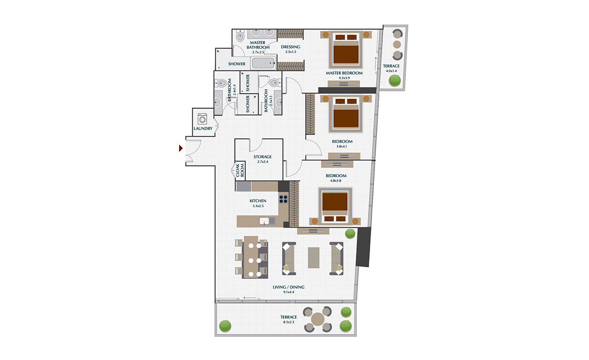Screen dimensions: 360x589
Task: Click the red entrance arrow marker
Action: click(x=181, y=148)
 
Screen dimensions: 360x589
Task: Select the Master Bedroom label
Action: click(x=344, y=73)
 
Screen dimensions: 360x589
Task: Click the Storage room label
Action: click(x=263, y=157)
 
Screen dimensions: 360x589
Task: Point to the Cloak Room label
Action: click(x=240, y=170)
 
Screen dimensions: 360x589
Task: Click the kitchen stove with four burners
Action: click(x=284, y=199)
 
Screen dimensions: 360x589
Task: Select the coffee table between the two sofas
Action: click(x=314, y=257)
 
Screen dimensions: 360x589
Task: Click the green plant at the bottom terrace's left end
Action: click(x=225, y=325)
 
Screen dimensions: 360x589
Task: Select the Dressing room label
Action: click(x=291, y=47)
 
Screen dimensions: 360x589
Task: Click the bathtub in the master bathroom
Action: click(x=264, y=63)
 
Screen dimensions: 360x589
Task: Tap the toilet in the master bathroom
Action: click(x=240, y=36)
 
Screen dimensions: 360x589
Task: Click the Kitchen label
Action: click(x=258, y=201)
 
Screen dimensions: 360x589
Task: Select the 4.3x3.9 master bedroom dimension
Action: click(x=344, y=78)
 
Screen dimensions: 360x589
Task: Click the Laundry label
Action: click(x=203, y=129)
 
